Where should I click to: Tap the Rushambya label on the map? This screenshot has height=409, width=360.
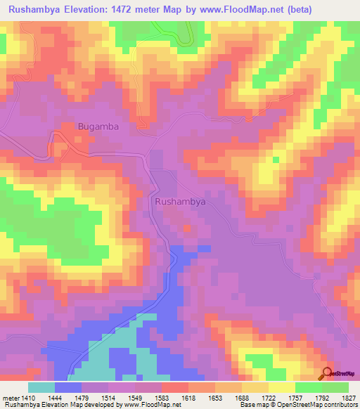[x=179, y=201]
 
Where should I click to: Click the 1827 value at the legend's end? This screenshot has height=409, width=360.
[x=346, y=397]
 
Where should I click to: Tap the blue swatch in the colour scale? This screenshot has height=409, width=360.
[x=67, y=387]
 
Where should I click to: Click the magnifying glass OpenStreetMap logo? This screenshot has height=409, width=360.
[x=328, y=373]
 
